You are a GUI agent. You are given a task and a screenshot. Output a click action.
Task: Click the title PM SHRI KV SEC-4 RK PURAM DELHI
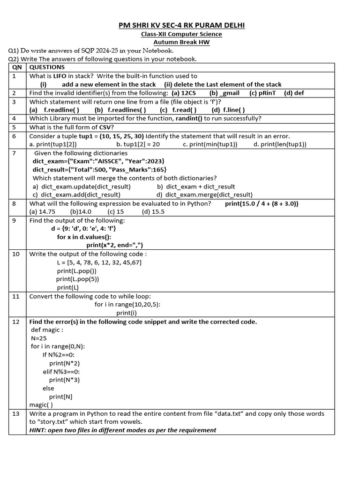pyautogui.click(x=181, y=25)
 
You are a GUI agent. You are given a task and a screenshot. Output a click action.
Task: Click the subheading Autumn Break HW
pyautogui.click(x=181, y=42)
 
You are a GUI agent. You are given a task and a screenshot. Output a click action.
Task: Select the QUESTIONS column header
pyautogui.click(x=47, y=67)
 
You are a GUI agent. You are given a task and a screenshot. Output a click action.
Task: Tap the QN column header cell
pyautogui.click(x=17, y=67)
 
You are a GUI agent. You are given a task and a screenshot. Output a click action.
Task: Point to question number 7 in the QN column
pyautogui.click(x=15, y=153)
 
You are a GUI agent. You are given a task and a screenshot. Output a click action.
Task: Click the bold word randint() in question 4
pyautogui.click(x=189, y=119)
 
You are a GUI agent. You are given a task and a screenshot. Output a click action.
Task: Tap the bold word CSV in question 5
pyautogui.click(x=105, y=127)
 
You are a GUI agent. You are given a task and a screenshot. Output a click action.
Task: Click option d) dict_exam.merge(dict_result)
pyautogui.click(x=204, y=195)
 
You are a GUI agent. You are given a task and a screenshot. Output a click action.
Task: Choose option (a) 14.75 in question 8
pyautogui.click(x=43, y=211)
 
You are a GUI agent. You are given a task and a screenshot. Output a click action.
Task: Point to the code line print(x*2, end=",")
pyautogui.click(x=114, y=245)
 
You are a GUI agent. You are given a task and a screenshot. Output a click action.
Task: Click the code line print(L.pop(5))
pyautogui.click(x=78, y=279)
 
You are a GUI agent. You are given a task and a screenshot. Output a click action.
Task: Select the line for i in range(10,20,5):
pyautogui.click(x=127, y=304)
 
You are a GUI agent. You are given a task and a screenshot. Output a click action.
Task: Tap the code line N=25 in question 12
pyautogui.click(x=39, y=338)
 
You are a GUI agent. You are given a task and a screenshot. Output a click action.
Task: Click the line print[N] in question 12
pyautogui.click(x=61, y=397)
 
